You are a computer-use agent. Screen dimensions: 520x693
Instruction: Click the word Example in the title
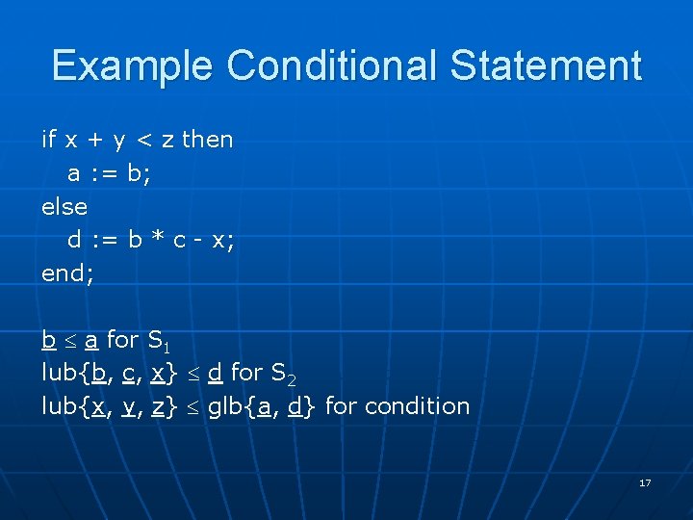[135, 66]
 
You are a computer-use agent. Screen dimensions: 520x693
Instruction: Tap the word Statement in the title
[545, 66]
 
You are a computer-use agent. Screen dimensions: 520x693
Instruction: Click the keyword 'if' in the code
[49, 140]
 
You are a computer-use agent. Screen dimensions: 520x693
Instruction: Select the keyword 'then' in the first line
[207, 140]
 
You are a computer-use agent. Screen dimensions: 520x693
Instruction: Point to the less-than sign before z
[146, 141]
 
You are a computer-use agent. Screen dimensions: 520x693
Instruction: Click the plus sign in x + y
[96, 141]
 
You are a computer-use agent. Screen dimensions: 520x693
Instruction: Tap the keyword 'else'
[64, 207]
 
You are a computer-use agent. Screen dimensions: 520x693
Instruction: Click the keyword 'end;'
[68, 273]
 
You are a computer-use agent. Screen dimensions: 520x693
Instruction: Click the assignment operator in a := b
[104, 174]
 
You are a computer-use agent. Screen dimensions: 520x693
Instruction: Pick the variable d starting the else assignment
[74, 240]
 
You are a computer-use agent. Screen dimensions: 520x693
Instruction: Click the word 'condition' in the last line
[398, 406]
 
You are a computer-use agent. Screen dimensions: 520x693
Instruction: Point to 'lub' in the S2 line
[60, 373]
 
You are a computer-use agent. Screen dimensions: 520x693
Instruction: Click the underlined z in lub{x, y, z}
[158, 407]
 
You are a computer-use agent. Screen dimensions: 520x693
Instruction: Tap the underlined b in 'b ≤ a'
[48, 339]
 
